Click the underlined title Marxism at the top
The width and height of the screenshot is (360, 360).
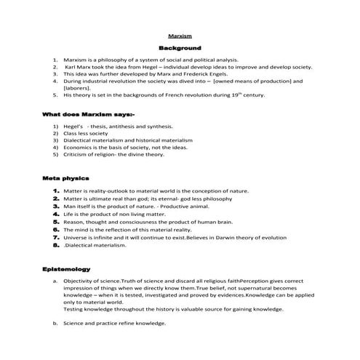179,35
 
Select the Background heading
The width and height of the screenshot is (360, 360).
179,47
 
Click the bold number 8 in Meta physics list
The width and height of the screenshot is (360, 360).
55,245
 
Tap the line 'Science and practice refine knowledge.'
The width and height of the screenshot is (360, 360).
114,323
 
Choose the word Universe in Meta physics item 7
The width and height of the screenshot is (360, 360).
77,237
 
